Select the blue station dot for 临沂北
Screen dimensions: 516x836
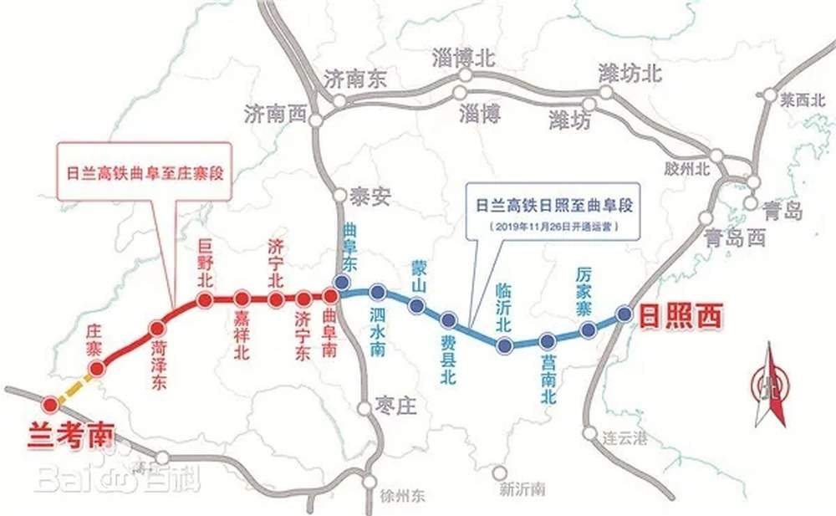(x=503, y=345)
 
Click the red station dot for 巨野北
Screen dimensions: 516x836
(x=203, y=299)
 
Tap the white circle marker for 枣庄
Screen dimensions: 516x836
(x=364, y=408)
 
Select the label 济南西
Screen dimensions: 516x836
(x=275, y=114)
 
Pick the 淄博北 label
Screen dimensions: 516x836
(x=464, y=58)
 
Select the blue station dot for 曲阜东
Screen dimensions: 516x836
(x=341, y=282)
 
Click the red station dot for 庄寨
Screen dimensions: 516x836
(x=96, y=369)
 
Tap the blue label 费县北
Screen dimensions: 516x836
(x=448, y=359)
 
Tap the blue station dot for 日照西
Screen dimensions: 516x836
(x=623, y=314)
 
